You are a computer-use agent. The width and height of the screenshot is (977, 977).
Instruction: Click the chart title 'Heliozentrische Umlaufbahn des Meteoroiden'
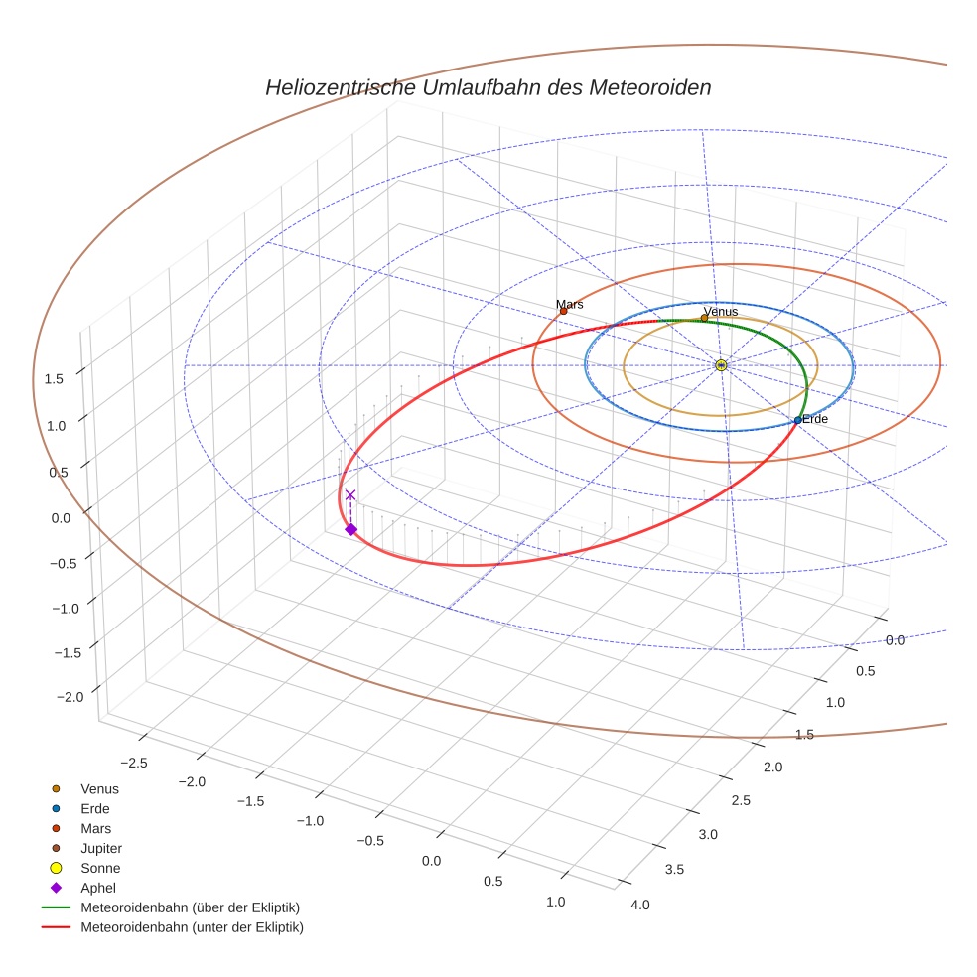point(488,87)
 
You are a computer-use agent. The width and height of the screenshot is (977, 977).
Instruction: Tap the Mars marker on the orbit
point(563,311)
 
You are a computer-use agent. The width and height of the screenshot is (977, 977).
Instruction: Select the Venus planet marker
point(704,318)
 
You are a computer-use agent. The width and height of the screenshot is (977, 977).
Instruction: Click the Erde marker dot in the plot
point(797,420)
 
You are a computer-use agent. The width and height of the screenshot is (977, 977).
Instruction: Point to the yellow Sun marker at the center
point(721,365)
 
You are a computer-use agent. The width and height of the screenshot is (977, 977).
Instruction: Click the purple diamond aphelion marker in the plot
point(350,529)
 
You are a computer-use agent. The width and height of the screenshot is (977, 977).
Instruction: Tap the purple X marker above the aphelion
point(349,494)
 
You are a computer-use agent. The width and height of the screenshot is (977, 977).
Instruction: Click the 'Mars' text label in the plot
point(570,304)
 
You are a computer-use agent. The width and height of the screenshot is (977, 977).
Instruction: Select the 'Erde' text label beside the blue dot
point(815,419)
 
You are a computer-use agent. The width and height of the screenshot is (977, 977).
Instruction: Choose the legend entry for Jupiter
point(100,848)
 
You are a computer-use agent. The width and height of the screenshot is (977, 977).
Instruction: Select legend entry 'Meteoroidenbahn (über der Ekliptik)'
point(190,907)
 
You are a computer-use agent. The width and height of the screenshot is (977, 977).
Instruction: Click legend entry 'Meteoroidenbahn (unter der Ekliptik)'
point(192,927)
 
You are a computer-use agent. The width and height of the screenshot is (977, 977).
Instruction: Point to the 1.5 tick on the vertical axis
point(56,378)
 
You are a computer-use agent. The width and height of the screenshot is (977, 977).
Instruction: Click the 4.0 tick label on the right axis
point(640,905)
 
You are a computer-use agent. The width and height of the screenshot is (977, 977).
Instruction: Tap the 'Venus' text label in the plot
point(720,312)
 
